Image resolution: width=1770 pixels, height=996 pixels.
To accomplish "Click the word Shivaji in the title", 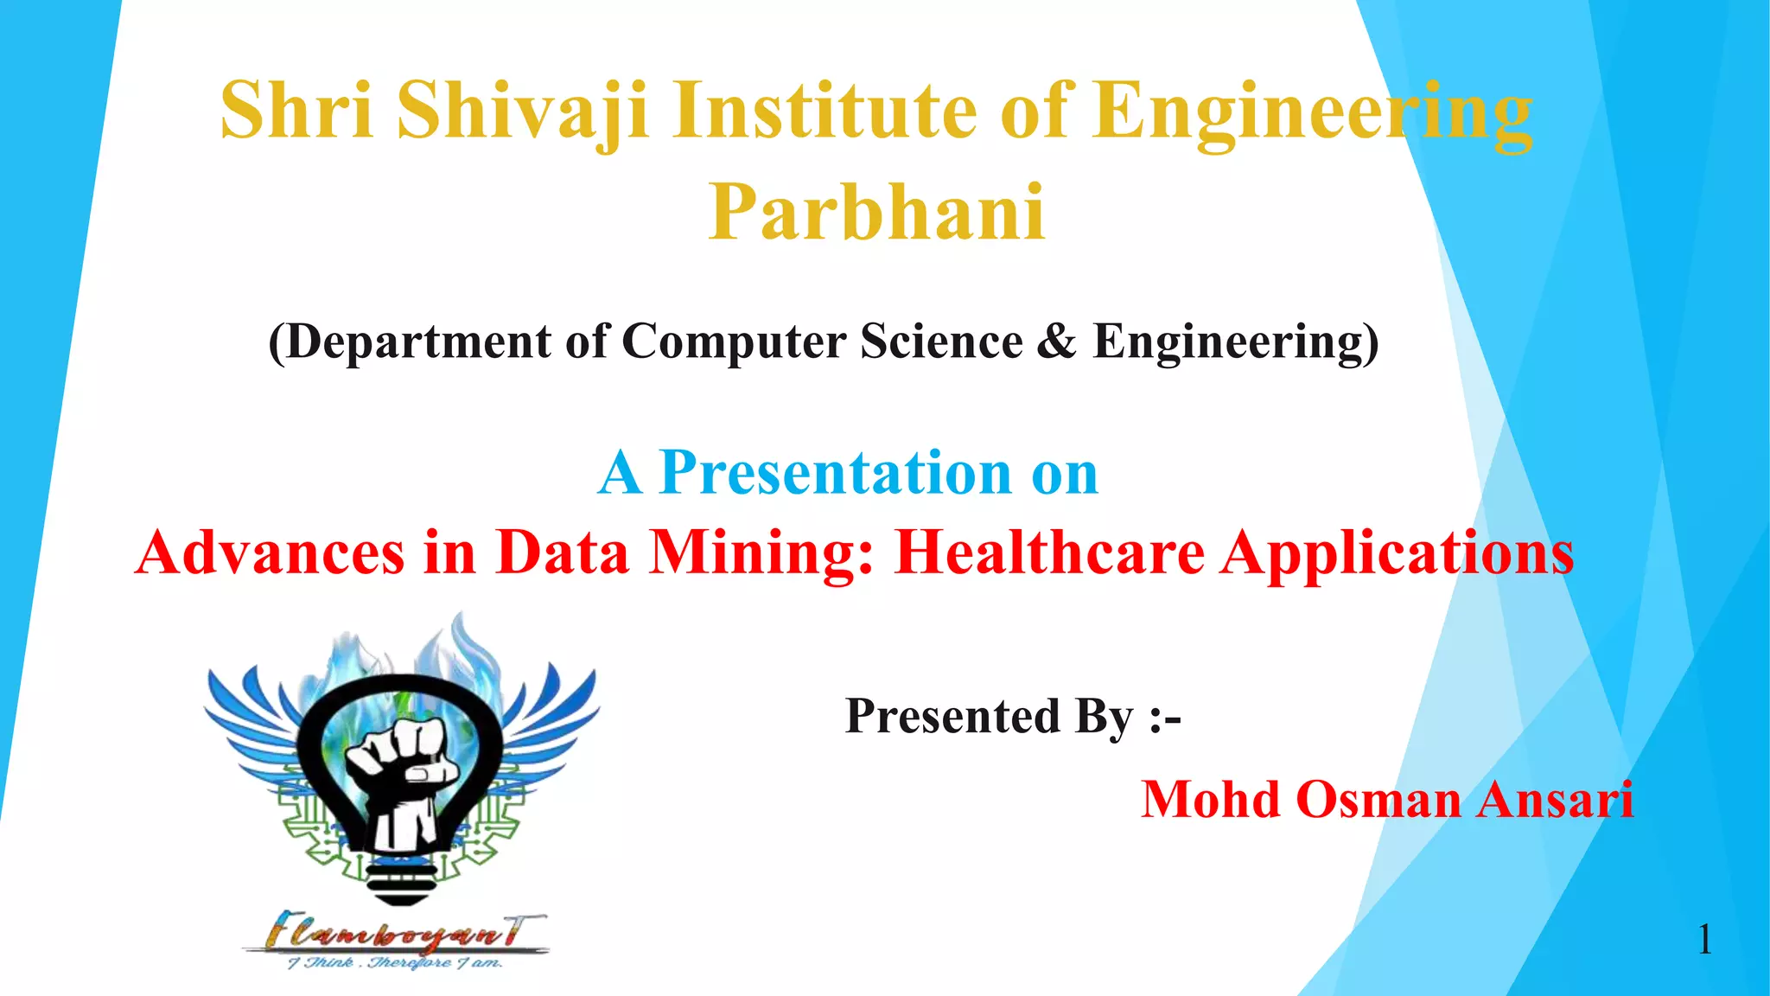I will [x=523, y=111].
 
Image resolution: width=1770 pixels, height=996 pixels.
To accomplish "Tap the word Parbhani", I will [x=876, y=213].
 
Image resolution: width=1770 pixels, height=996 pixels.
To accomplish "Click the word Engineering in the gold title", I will [x=1311, y=111].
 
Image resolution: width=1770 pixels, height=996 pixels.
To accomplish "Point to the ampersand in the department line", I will [x=1057, y=342].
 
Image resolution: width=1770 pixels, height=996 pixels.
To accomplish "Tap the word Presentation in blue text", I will [x=835, y=473].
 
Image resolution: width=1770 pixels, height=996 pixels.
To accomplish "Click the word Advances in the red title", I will [x=270, y=552].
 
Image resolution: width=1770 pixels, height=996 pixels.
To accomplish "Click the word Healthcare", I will [x=1049, y=552].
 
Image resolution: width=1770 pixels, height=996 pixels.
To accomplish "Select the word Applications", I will [x=1397, y=552].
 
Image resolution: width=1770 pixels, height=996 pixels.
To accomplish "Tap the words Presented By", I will [x=990, y=717].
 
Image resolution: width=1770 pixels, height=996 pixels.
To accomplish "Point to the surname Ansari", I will [x=1555, y=799].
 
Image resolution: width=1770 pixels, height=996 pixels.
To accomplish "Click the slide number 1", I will [x=1704, y=939].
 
